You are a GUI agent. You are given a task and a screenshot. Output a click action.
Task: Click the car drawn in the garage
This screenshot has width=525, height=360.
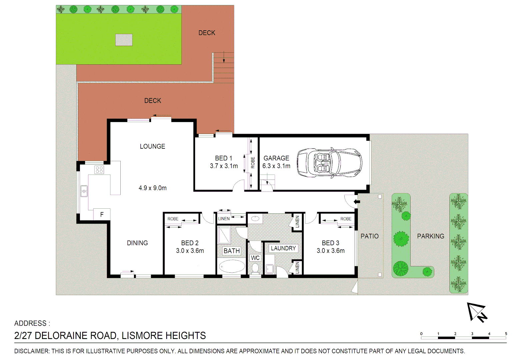point(329,163)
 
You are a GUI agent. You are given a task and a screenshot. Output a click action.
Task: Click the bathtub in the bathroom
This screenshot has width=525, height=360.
point(231,266)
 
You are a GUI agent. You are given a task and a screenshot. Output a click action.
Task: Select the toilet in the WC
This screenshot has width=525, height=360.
point(255,267)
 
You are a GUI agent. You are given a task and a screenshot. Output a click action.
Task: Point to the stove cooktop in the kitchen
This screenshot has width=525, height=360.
point(99,170)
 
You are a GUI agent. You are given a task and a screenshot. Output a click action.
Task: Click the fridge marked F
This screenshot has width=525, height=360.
point(102,214)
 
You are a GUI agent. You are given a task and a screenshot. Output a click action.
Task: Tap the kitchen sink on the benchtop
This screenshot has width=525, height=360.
point(84,191)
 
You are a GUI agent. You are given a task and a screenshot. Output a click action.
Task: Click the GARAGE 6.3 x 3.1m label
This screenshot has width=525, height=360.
point(276,162)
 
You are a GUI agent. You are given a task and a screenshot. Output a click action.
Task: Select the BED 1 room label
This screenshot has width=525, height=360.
point(223,158)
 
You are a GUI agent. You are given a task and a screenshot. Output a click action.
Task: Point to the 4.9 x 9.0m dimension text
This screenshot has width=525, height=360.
point(153,188)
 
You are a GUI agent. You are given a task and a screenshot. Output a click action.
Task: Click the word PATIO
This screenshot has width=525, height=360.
point(369,236)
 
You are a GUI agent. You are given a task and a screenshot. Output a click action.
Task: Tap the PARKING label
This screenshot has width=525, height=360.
point(430,236)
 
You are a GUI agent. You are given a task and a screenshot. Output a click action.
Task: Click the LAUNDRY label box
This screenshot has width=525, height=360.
point(283,248)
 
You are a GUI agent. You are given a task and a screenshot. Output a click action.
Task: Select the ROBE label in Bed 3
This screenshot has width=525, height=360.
point(346,219)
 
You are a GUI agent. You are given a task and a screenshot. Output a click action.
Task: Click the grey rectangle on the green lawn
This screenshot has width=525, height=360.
point(124,40)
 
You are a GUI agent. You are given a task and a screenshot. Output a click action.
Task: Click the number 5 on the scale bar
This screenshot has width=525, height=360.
point(506,334)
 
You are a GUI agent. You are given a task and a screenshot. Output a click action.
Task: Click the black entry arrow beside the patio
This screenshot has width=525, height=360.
point(357,202)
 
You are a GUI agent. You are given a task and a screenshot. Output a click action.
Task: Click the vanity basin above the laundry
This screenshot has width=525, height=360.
point(255,219)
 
